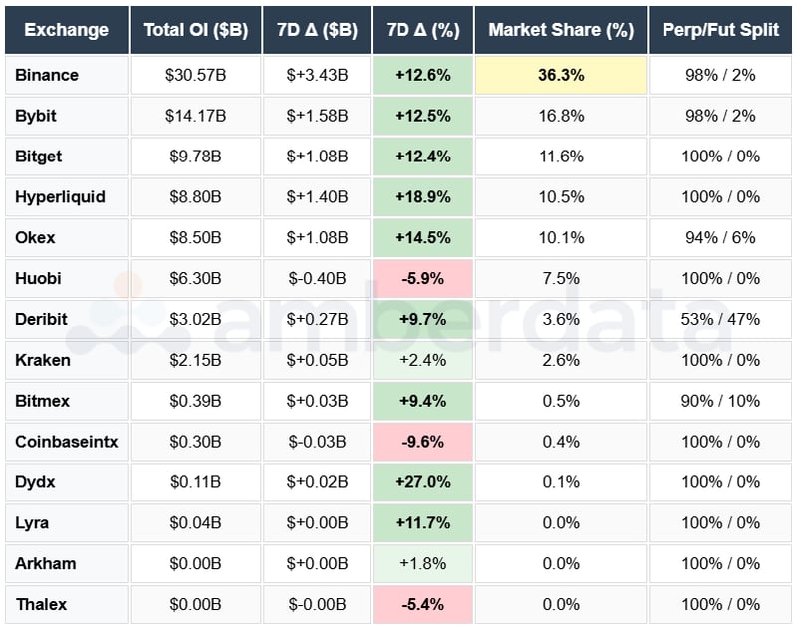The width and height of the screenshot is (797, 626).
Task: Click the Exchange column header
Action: tap(66, 30)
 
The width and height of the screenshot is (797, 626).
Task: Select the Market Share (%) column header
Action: tap(561, 30)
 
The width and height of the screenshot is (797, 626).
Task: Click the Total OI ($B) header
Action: tap(195, 30)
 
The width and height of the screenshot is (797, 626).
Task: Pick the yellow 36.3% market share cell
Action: tap(560, 75)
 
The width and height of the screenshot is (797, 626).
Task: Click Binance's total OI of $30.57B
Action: tap(195, 75)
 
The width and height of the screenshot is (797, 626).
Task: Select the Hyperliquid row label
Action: tap(60, 197)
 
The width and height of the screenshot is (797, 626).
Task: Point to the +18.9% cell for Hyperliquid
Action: tap(422, 197)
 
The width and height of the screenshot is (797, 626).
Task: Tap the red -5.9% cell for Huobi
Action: tap(422, 278)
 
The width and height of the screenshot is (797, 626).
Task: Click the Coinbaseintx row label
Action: tap(66, 442)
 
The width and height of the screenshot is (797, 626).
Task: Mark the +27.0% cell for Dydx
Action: tap(422, 482)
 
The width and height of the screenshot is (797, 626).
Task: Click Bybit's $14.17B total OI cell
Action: tap(195, 116)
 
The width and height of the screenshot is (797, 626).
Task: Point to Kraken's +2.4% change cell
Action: tap(422, 360)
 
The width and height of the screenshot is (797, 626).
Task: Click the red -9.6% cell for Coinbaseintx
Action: tap(422, 442)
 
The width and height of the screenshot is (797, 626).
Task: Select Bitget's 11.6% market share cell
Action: tap(560, 156)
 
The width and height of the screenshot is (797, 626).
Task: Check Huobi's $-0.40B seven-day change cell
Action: tap(317, 278)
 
